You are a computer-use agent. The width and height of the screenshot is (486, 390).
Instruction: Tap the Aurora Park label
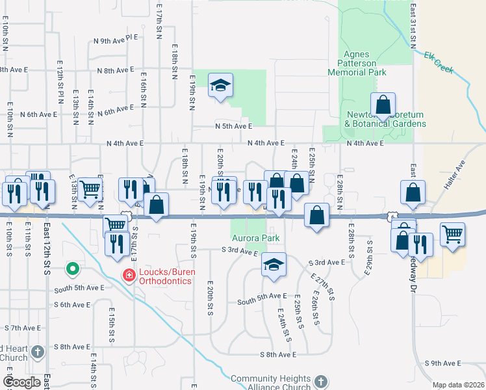pos(256,238)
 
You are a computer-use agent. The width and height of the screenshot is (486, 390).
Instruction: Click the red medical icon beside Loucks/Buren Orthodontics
pos(128,276)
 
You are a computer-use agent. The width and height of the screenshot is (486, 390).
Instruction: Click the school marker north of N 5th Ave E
pos(220,85)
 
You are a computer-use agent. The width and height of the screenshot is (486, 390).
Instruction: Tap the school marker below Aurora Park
pos(274,265)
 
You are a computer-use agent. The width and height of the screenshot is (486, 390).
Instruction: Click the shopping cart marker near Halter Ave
pos(453,234)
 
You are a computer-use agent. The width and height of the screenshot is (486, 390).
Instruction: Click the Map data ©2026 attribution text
pos(457,385)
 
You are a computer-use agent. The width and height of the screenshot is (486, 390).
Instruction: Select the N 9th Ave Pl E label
pos(116,40)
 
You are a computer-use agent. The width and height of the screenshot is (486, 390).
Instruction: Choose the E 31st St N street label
pos(413,26)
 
